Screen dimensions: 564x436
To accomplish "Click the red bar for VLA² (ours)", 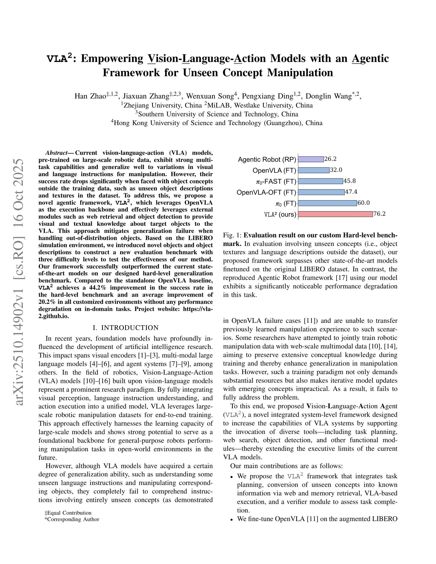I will (x=335, y=214).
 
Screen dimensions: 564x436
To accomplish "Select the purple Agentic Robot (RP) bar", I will (x=311, y=159).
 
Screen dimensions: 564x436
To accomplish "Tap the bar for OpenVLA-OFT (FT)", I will (x=321, y=192).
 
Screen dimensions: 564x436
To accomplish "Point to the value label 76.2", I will (x=379, y=214).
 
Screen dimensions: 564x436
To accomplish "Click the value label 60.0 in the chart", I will (x=364, y=203).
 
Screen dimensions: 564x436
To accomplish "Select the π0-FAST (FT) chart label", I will (x=276, y=182).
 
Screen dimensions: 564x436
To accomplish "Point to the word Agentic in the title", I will (x=370, y=59).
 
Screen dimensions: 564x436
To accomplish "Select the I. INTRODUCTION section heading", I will (x=126, y=328).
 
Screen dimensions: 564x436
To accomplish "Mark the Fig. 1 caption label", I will (x=232, y=235).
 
